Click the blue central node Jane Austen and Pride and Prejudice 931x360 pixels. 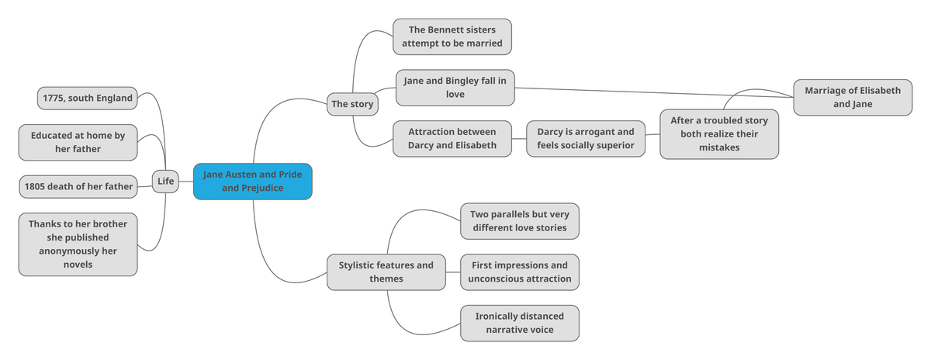click(x=252, y=182)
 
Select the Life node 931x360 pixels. click(x=165, y=182)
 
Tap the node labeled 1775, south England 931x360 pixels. click(x=88, y=99)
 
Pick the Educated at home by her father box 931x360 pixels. click(x=78, y=142)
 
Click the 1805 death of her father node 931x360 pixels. click(x=78, y=186)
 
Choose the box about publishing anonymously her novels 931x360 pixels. click(x=78, y=244)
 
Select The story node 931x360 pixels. click(x=351, y=103)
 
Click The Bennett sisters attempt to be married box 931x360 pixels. click(x=452, y=36)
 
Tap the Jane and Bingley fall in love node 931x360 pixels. click(x=455, y=88)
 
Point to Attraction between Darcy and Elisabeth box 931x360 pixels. click(x=452, y=139)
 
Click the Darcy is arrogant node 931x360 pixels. click(x=585, y=139)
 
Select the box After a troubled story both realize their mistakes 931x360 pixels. click(x=719, y=134)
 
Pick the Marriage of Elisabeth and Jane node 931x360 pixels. click(x=853, y=97)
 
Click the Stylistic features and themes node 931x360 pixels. click(x=386, y=272)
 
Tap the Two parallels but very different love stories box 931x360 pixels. click(x=519, y=221)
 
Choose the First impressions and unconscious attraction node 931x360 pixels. click(x=519, y=272)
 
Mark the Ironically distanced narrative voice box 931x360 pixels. click(x=519, y=323)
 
